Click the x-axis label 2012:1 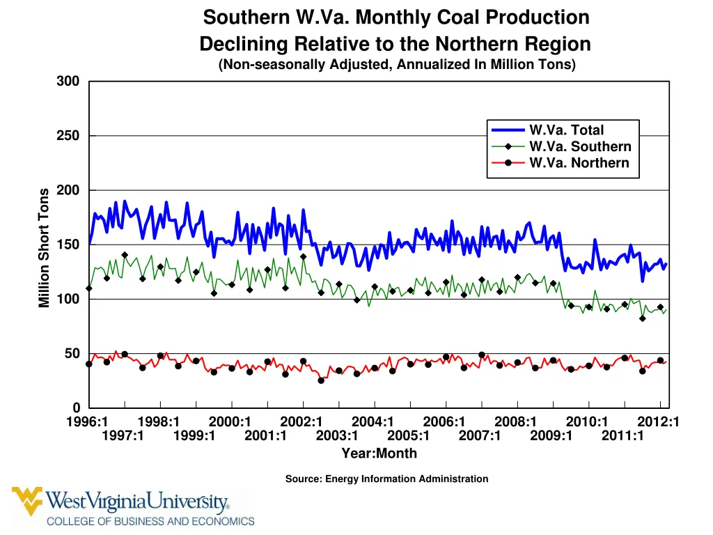[x=658, y=421]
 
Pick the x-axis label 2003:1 [x=337, y=436]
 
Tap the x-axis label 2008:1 [x=515, y=421]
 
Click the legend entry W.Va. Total [x=566, y=130]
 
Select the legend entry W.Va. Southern [x=580, y=147]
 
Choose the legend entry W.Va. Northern [x=579, y=164]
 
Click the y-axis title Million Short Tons [x=45, y=247]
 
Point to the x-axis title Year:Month [x=379, y=453]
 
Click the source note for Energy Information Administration [x=386, y=479]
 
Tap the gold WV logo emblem [x=27, y=501]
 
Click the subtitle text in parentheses [x=397, y=65]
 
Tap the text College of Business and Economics [x=150, y=521]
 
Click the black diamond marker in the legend [x=508, y=147]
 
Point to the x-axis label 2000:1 [x=230, y=421]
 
